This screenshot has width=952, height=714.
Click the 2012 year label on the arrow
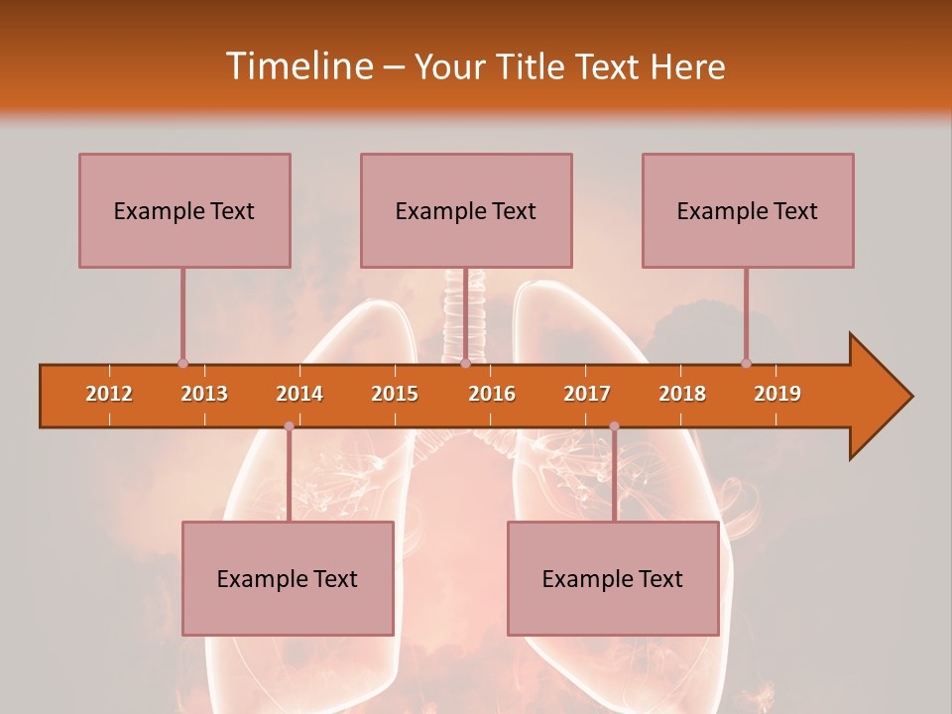[x=109, y=394]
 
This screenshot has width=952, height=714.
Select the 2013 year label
[x=204, y=394]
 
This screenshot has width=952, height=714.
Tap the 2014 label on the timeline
[x=299, y=394]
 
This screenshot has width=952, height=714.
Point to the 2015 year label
[x=395, y=394]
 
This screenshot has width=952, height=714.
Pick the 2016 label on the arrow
[x=492, y=394]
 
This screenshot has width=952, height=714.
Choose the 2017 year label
[x=587, y=394]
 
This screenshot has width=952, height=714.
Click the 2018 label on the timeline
[x=682, y=394]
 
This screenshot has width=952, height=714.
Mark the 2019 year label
[x=777, y=394]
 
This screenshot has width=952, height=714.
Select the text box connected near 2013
[x=184, y=210]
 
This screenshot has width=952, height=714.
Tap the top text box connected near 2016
[x=466, y=210]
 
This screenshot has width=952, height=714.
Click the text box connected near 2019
[x=748, y=210]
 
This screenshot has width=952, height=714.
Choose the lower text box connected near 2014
[x=288, y=578]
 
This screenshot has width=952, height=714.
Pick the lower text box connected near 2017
[x=613, y=578]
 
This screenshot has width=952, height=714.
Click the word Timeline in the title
[x=297, y=66]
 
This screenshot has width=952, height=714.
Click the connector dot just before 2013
[x=182, y=364]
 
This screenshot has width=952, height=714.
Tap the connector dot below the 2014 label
[x=289, y=426]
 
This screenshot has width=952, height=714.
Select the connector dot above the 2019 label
[x=746, y=364]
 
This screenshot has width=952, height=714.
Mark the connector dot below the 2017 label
[x=614, y=426]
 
